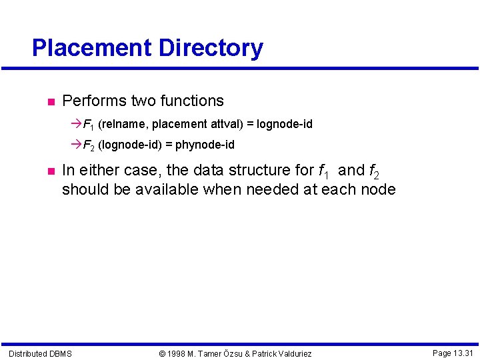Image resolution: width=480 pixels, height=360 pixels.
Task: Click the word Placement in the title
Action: coord(92,48)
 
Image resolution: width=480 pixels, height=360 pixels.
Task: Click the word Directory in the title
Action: coord(211,48)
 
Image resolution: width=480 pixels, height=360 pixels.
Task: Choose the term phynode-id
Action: coord(205,145)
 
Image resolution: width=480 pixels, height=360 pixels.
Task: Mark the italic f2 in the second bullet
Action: coord(374,172)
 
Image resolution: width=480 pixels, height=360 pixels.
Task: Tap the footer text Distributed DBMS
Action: coord(40,353)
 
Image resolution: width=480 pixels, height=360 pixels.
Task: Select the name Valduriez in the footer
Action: coord(292,353)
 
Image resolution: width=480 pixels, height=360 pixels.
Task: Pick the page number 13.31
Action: coord(463,353)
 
